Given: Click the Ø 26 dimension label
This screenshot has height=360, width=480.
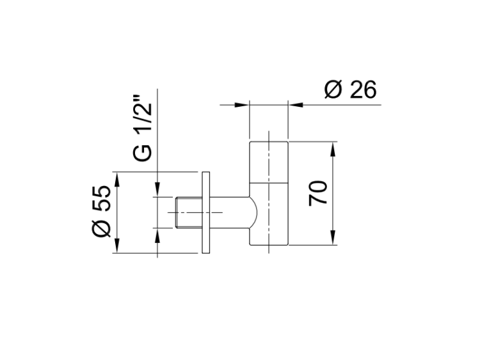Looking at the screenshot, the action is [x=350, y=90].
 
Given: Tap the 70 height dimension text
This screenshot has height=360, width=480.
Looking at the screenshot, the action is [x=317, y=193].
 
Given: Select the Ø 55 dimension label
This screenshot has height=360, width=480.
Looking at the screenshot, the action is [x=101, y=211].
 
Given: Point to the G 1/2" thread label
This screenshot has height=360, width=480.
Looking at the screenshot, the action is [x=142, y=128].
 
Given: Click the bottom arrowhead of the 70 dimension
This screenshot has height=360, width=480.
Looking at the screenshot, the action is [x=333, y=238].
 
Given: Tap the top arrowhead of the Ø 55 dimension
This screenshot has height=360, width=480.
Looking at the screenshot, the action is [x=116, y=179].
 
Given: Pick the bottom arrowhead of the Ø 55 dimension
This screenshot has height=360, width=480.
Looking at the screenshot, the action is [x=116, y=246].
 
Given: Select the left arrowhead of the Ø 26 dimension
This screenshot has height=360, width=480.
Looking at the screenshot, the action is [x=242, y=105].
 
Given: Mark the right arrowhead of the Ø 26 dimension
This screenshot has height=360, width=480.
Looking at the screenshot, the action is [x=296, y=105].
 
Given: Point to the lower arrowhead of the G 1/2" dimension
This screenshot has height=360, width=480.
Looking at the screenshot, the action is [x=157, y=235].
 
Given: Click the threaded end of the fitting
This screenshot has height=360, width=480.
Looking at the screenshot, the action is [x=189, y=212].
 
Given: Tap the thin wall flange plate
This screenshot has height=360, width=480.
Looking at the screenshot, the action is [x=206, y=212].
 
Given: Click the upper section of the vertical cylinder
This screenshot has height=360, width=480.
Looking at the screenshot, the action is [x=269, y=162].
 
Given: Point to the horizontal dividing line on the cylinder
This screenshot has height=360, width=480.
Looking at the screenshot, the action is [x=269, y=184].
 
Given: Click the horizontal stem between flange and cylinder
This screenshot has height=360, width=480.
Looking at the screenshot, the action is [x=230, y=212].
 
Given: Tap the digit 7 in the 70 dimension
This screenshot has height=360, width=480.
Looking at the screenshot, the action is [x=317, y=201].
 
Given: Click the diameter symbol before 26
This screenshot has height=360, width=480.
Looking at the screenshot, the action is [x=333, y=90].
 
